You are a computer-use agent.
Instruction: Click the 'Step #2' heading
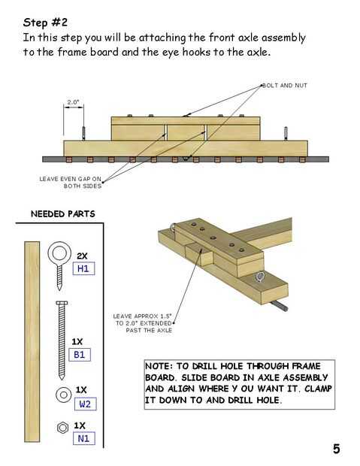[x=45, y=23]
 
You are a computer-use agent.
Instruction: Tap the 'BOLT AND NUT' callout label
[x=285, y=86]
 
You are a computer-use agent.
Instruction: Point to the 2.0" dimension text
[x=73, y=102]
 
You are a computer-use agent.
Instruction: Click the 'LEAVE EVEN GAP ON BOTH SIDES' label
[x=71, y=182]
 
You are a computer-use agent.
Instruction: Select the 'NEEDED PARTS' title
[x=62, y=214]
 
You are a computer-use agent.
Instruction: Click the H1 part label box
[x=83, y=268]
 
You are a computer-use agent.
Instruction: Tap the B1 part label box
[x=80, y=355]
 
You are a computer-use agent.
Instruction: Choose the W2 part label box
[x=86, y=404]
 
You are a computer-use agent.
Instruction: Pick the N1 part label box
[x=84, y=438]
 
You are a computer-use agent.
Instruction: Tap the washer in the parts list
[x=64, y=395]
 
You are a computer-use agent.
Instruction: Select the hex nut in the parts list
[x=62, y=428]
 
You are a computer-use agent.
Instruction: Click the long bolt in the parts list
[x=62, y=340]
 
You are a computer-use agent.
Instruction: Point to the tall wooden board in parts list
[x=32, y=342]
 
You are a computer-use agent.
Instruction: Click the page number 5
[x=336, y=449]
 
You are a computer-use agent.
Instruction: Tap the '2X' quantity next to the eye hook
[x=83, y=256]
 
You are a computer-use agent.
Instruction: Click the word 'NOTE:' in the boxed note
[x=159, y=366]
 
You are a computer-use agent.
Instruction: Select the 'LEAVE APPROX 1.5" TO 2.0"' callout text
[x=143, y=319]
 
